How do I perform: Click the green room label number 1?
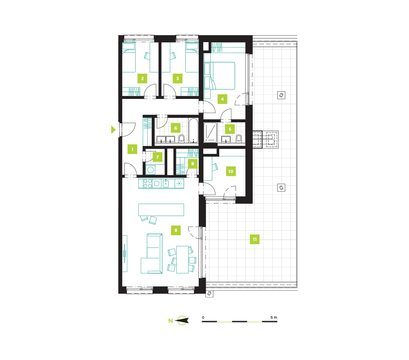(132, 149)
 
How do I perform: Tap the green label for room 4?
(222, 99)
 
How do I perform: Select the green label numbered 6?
(175, 128)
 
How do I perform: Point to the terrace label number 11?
(254, 239)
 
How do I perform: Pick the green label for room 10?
(231, 171)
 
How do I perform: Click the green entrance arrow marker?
(113, 130)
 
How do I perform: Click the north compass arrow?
(182, 320)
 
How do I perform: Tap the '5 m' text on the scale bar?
(274, 317)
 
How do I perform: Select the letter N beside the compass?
(171, 321)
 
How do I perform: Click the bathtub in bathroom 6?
(193, 130)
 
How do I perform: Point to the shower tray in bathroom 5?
(210, 133)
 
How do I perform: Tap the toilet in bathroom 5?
(238, 139)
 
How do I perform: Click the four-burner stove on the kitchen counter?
(147, 183)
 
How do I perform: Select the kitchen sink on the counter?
(166, 183)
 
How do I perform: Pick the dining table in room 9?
(182, 259)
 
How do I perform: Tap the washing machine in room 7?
(151, 170)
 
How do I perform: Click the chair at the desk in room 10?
(215, 167)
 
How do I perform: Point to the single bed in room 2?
(129, 58)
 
